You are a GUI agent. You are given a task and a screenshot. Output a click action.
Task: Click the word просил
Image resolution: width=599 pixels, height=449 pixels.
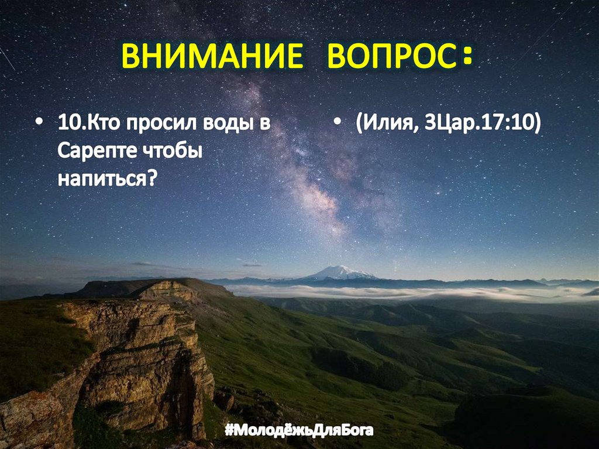(153, 125)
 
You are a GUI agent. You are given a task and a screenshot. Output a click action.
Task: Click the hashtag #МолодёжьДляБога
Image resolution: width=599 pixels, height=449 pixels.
(299, 432)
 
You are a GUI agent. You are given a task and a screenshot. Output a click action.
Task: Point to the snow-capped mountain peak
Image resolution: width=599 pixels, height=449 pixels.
(339, 271)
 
